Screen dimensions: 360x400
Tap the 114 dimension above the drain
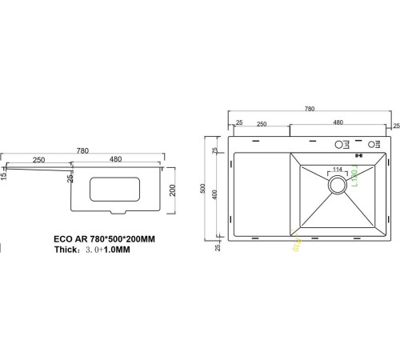(337, 170)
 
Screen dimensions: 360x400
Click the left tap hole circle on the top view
(339, 145)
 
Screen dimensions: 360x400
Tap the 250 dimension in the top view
(261, 123)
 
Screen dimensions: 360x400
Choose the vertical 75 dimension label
(214, 150)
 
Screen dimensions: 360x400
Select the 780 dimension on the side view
(82, 150)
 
